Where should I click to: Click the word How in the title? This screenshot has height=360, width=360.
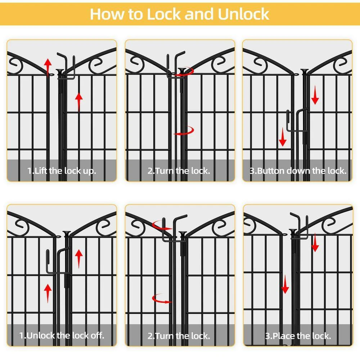[107, 14]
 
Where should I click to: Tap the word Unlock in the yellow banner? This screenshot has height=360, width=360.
[243, 14]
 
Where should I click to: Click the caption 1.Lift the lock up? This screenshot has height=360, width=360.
[62, 171]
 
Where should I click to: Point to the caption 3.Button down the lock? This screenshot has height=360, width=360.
[298, 171]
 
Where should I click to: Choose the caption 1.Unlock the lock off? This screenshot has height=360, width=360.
[62, 336]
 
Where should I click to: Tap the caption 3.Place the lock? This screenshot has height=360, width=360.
[298, 336]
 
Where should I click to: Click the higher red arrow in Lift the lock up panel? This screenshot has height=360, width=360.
[48, 67]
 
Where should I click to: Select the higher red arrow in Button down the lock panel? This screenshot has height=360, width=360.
[315, 95]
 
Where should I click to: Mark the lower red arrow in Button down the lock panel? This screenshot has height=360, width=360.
[283, 137]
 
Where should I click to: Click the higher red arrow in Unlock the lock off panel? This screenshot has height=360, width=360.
[79, 259]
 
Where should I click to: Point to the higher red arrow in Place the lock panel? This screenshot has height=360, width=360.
[315, 242]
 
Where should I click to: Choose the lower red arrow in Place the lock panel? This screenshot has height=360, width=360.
[285, 284]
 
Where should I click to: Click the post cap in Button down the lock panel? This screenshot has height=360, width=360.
[305, 72]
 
